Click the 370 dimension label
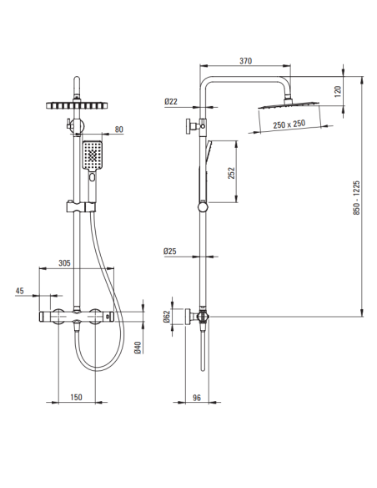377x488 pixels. [x=245, y=61]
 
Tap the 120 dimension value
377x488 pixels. [x=338, y=91]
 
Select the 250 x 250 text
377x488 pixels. [x=289, y=124]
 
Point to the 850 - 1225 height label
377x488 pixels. [x=356, y=198]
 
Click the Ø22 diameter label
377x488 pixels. [x=170, y=101]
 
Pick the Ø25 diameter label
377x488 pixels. [x=170, y=251]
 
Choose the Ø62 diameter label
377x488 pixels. [x=167, y=317]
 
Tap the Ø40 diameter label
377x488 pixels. [x=138, y=348]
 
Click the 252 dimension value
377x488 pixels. [x=231, y=173]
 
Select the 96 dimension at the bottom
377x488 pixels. [x=197, y=398]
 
